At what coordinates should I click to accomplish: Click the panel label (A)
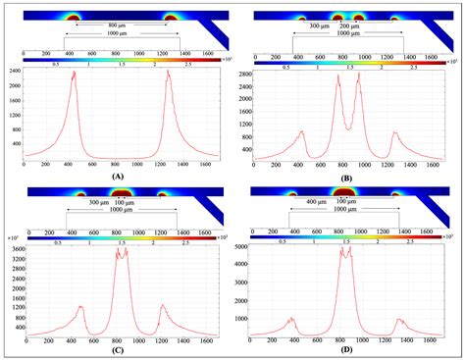tap(118, 176)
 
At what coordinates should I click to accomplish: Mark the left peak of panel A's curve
tap(73, 72)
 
